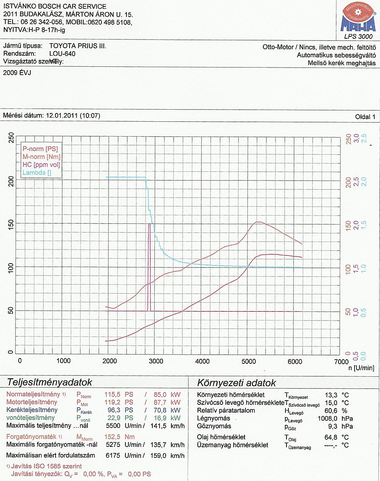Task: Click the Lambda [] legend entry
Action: tap(37, 173)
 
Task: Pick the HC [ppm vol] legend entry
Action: tap(41, 165)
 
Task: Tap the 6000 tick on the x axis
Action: tap(295, 361)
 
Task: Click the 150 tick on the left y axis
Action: tap(11, 223)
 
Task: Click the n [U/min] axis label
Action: tap(361, 368)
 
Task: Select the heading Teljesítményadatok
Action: tap(49, 382)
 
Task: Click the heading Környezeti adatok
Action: tap(236, 382)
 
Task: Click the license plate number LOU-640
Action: tap(62, 54)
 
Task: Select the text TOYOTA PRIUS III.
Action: tap(78, 46)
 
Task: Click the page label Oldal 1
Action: tap(365, 117)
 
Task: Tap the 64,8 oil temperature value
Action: tap(331, 437)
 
